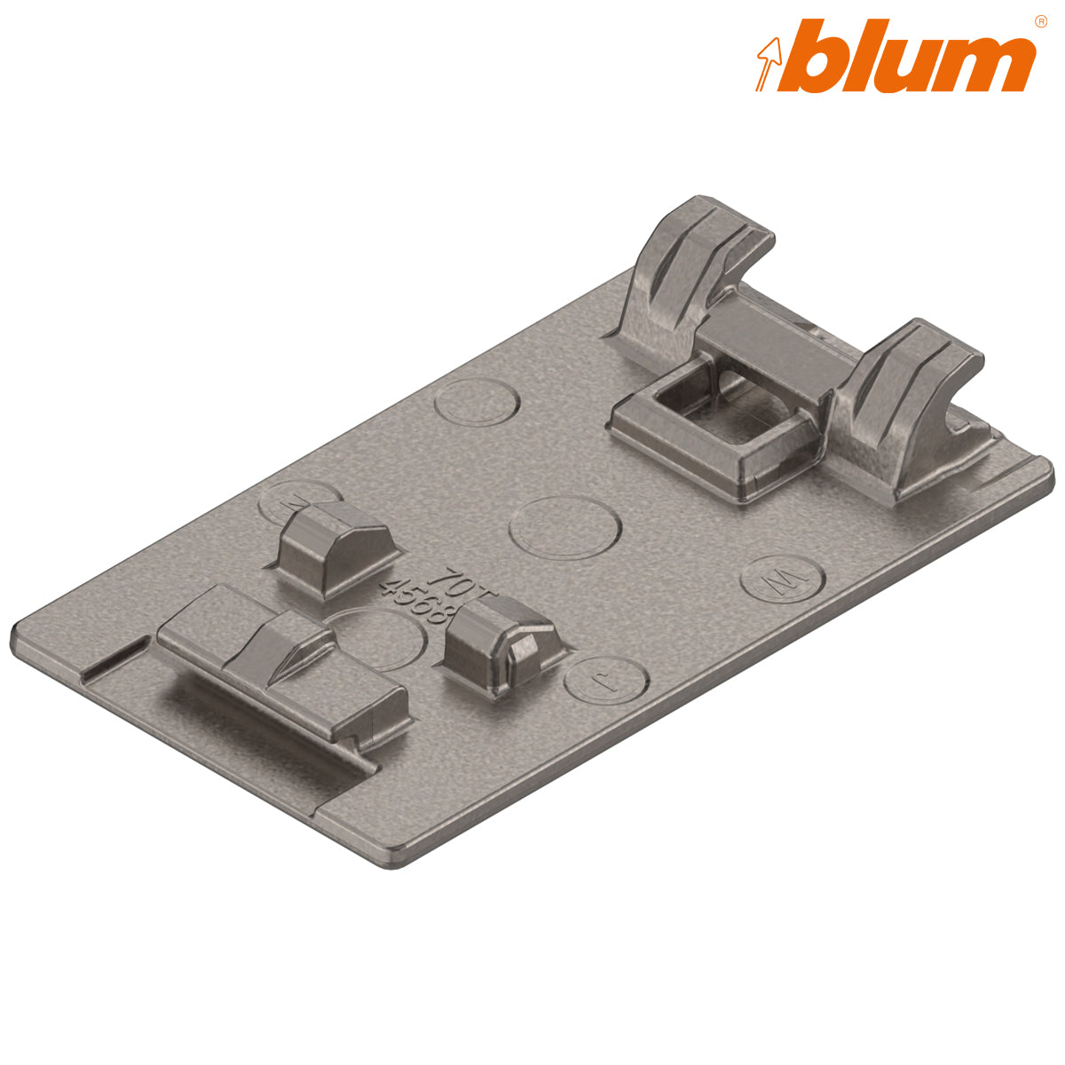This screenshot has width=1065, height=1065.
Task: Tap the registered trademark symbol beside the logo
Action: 1039,21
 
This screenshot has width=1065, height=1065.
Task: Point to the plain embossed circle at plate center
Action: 564,527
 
